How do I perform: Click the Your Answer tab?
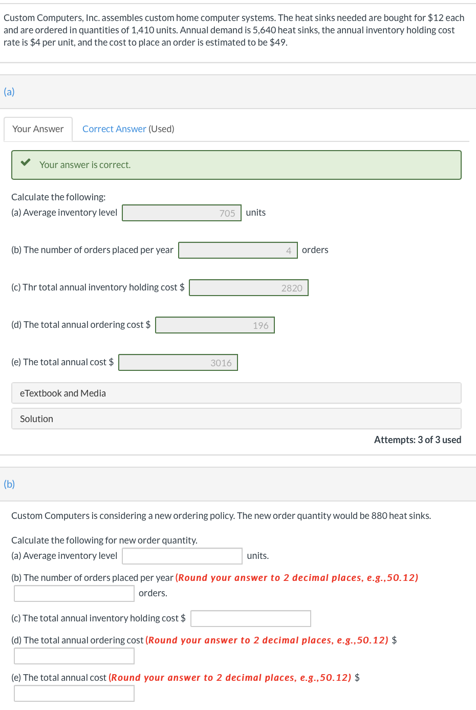(x=38, y=129)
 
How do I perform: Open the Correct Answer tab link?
(x=114, y=129)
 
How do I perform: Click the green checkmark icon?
(x=26, y=162)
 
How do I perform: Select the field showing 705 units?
(x=182, y=213)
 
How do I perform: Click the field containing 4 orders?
(x=238, y=250)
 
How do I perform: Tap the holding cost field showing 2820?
(x=249, y=287)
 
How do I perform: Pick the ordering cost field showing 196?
(x=215, y=325)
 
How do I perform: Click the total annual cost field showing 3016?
(x=178, y=362)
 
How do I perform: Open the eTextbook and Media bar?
(x=236, y=393)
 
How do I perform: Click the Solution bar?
(x=236, y=419)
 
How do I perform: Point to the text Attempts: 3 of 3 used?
(x=418, y=440)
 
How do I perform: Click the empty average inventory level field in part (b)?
(x=182, y=556)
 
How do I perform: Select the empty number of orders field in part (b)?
(x=74, y=593)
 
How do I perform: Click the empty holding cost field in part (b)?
(x=250, y=618)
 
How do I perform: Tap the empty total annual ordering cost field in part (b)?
(x=74, y=656)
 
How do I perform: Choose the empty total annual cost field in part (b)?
(x=74, y=693)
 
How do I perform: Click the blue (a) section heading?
(x=9, y=92)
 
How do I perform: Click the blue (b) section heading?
(x=9, y=484)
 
